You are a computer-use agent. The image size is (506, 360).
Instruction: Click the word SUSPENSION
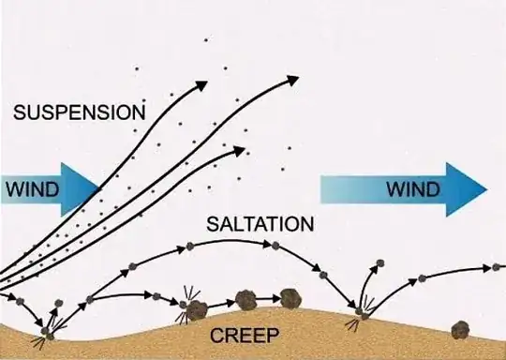pos(80,112)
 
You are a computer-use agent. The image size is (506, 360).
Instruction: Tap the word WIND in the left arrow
pos(33,189)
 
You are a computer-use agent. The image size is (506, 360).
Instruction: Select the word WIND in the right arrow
pos(412,190)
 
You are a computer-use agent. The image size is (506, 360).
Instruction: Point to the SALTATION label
pos(260,225)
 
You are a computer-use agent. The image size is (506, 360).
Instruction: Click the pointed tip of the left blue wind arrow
pos(100,189)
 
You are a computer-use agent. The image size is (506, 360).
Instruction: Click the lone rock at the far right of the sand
pos(460,329)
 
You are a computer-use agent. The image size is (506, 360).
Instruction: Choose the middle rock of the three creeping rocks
pos(246,300)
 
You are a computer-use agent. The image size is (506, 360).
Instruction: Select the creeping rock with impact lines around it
pos(197,310)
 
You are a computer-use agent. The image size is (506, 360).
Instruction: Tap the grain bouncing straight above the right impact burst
pos(379,266)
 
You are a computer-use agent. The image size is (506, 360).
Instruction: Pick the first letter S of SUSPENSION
pos(20,112)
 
